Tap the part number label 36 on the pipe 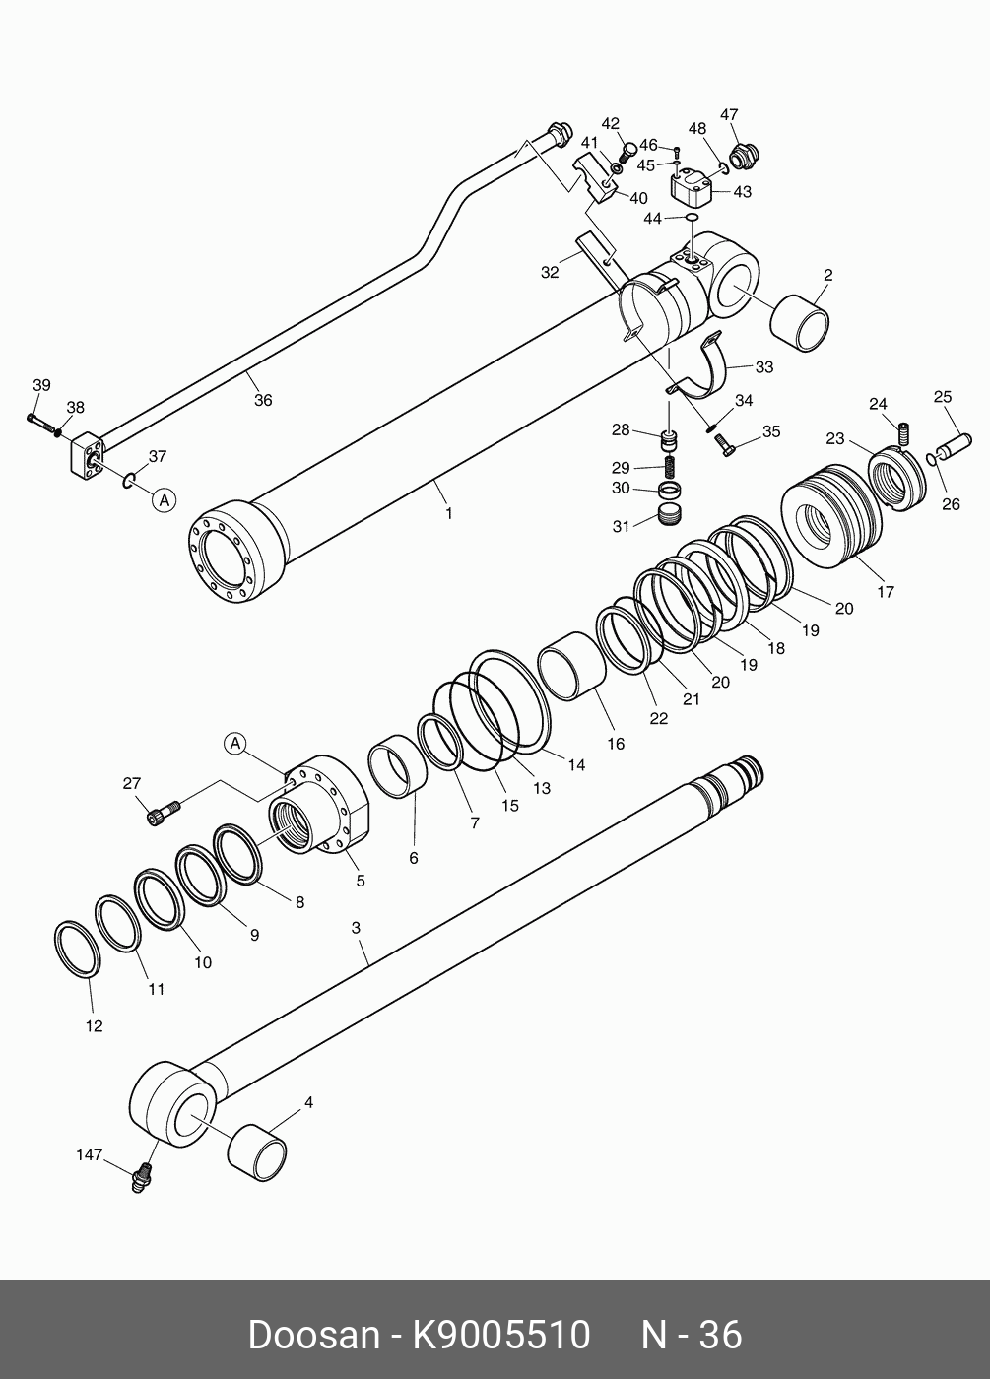[262, 401]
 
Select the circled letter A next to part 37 [165, 500]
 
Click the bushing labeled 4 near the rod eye [257, 1150]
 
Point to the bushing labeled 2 [799, 322]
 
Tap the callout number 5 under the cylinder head [361, 881]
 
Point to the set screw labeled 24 [903, 431]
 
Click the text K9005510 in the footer [500, 1335]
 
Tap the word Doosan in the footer [312, 1335]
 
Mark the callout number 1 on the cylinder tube [449, 513]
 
